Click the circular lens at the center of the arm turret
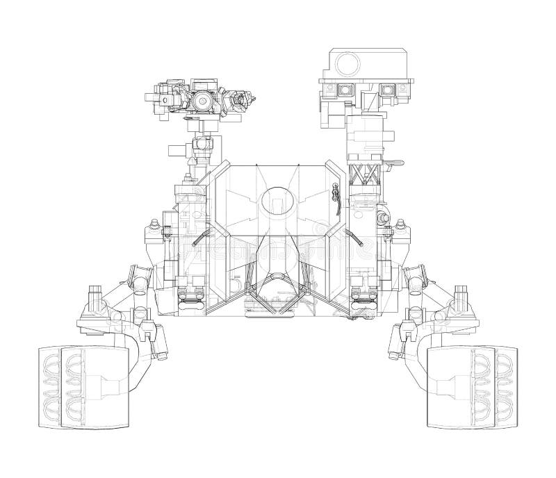pyautogui.click(x=202, y=101)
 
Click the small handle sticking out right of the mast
pyautogui.click(x=395, y=165)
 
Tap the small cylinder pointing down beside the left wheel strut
pyautogui.click(x=147, y=332)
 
